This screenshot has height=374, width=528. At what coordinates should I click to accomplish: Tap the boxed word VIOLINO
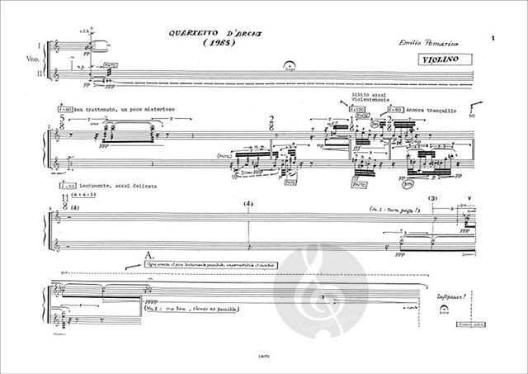pyautogui.click(x=437, y=60)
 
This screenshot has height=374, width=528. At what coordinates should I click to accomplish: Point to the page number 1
pyautogui.click(x=491, y=39)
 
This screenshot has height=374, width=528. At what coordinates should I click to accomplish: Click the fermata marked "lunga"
pyautogui.click(x=288, y=69)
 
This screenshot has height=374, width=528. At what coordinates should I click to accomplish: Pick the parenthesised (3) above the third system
pyautogui.click(x=434, y=200)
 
